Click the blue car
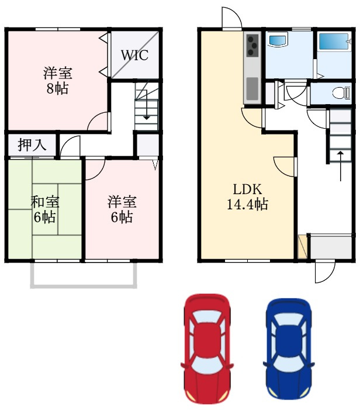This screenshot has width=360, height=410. click(289, 349)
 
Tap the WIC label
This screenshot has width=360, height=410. click(134, 55)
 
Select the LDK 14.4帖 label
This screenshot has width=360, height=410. click(247, 197)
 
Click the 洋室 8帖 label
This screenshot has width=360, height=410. click(57, 81)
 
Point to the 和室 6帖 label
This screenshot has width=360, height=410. click(44, 209)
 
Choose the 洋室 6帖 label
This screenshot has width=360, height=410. click(122, 209)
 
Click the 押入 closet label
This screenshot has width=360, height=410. click(32, 144)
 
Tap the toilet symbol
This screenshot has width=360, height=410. click(341, 93)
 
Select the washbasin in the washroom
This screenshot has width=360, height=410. click(278, 39)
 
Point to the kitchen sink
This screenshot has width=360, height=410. click(252, 88)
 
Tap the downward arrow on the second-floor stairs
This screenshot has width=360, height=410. click(146, 105)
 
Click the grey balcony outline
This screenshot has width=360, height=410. click(84, 286)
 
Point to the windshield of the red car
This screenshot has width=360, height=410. click(206, 364)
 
